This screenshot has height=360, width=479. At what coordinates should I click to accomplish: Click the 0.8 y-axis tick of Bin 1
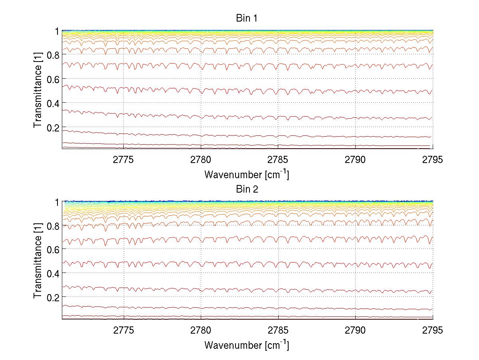pyautogui.click(x=53, y=55)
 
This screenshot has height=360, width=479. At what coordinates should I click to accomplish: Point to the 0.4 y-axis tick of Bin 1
pyautogui.click(x=53, y=103)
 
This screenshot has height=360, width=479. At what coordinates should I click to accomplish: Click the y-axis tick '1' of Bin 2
pyautogui.click(x=57, y=202)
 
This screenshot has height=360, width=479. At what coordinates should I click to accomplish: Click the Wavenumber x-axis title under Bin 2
pyautogui.click(x=247, y=345)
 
